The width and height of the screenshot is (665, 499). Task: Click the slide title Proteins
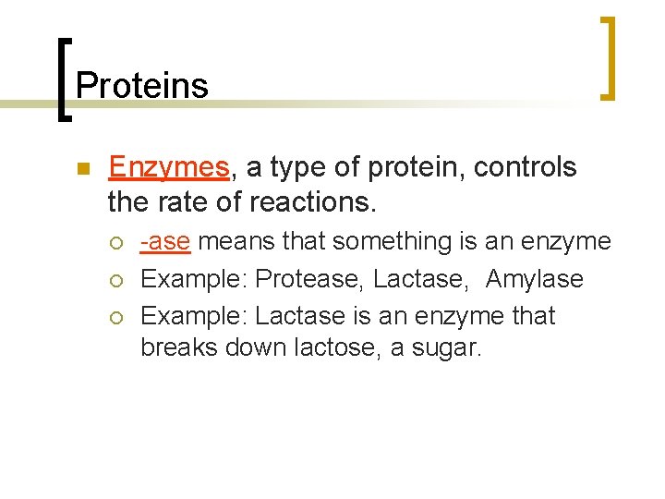coord(142,85)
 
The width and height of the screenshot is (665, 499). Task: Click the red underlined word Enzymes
coord(168,167)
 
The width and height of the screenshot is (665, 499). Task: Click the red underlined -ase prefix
coord(165,241)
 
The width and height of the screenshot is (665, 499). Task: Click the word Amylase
coord(535,278)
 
